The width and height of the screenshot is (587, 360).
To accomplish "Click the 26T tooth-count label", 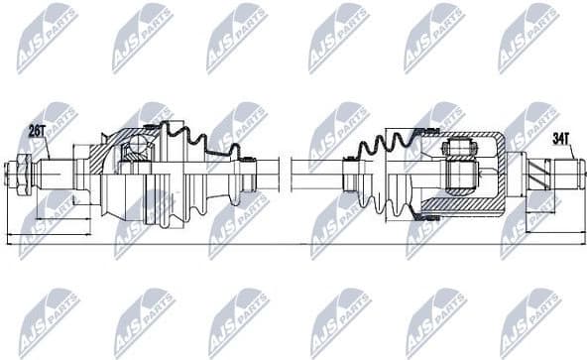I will (x=36, y=129).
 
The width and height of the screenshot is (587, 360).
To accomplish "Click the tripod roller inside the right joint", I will (x=457, y=165).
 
